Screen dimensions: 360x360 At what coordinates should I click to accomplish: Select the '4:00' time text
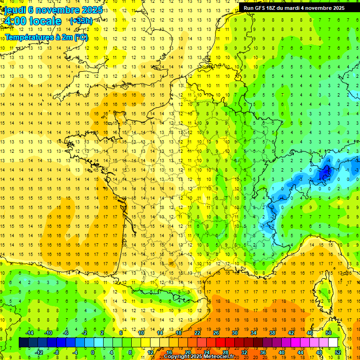pyautogui.click(x=15, y=21)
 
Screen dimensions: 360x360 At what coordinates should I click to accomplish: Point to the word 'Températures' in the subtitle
pyautogui.click(x=29, y=37)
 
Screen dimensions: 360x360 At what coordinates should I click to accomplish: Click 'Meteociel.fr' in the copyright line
pyautogui.click(x=219, y=357)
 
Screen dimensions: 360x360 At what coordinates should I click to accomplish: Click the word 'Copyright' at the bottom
pyautogui.click(x=177, y=357)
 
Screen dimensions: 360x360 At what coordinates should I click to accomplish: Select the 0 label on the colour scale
pyautogui.click(x=93, y=352)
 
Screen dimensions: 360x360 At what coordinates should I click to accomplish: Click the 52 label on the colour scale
pyautogui.click(x=338, y=352)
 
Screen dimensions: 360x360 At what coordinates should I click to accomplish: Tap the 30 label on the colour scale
pyautogui.click(x=234, y=333)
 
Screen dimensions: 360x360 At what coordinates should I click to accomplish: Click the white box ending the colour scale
pyautogui.click(x=333, y=343)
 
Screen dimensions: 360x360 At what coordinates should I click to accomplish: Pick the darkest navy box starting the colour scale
pyautogui.click(x=23, y=343)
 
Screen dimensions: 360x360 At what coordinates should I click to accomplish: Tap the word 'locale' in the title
pyautogui.click(x=45, y=21)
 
